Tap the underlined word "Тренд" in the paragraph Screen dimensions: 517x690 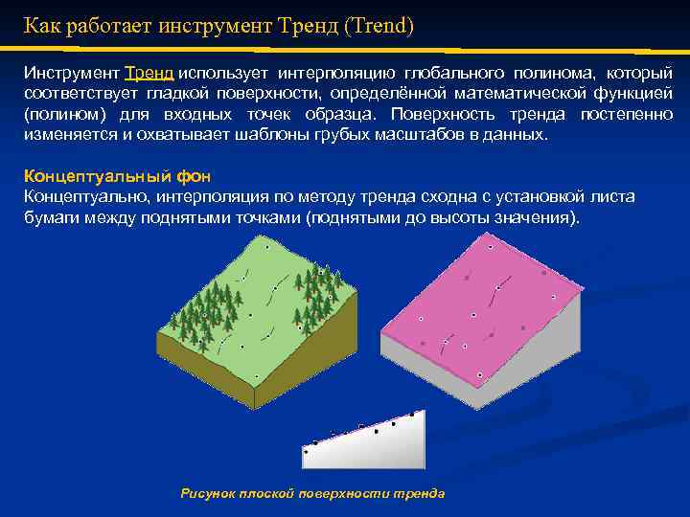pos(149,74)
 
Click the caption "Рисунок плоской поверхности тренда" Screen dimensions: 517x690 pos(312,493)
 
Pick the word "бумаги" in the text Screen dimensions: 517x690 pos(48,217)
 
